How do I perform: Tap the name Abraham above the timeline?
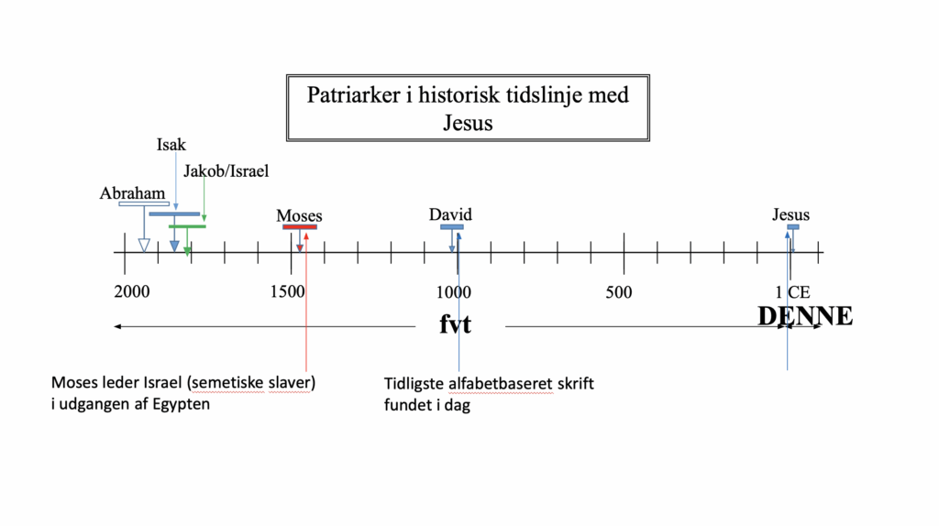(x=132, y=193)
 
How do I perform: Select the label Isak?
(x=171, y=145)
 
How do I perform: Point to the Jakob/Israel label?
(x=226, y=171)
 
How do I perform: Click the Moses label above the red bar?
(x=299, y=215)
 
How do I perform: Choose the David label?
(x=450, y=214)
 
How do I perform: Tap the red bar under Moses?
(x=300, y=226)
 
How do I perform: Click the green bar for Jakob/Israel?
(x=187, y=226)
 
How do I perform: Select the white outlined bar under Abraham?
(x=144, y=204)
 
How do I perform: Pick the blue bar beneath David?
(x=451, y=226)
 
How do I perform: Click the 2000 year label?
(x=132, y=291)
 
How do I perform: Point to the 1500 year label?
(x=287, y=291)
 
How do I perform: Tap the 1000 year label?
(x=453, y=292)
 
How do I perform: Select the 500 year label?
(x=619, y=292)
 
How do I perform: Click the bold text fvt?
(x=455, y=324)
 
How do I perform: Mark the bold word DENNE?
(x=805, y=316)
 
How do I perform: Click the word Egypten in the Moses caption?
(x=182, y=404)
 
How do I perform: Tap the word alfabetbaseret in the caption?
(x=501, y=384)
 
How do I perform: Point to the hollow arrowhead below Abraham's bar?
(x=144, y=246)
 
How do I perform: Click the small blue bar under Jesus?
(x=793, y=226)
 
